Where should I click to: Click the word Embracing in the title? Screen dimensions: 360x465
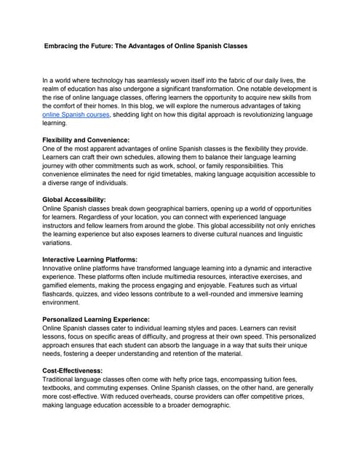(x=65, y=46)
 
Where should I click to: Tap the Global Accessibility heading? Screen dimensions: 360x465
(x=74, y=198)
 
